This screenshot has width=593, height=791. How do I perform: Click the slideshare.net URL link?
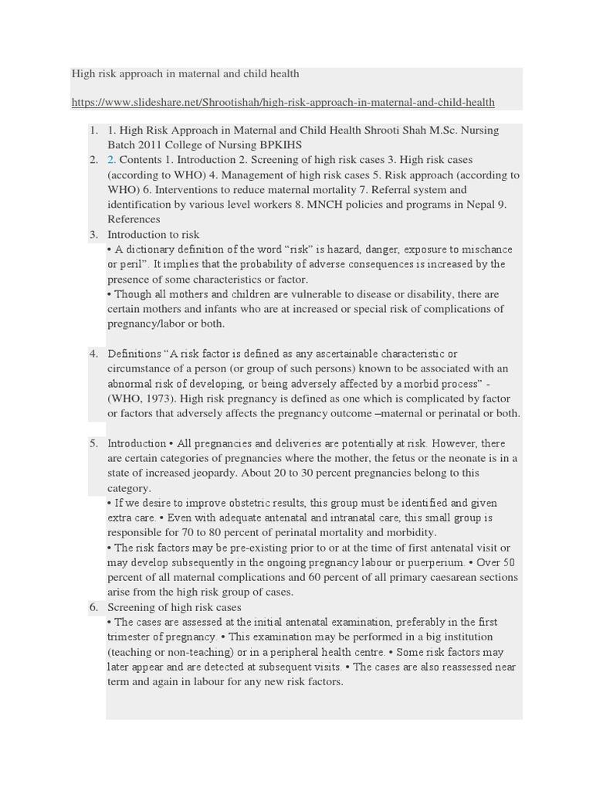283,102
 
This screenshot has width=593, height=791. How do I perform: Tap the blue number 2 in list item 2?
111,160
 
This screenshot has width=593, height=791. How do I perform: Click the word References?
134,219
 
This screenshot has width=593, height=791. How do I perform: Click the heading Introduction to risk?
153,234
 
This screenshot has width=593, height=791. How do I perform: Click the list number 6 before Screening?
93,607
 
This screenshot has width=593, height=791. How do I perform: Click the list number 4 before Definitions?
93,354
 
